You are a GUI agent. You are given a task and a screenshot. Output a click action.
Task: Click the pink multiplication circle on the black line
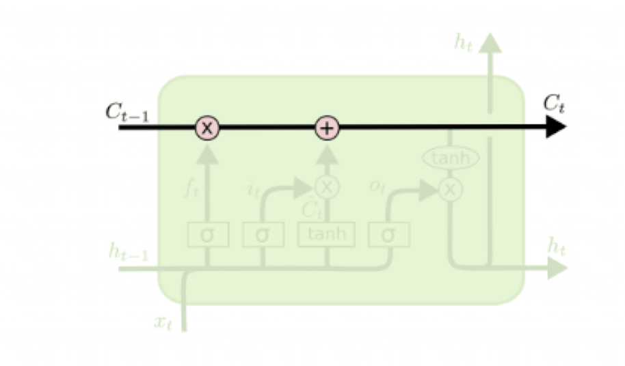(x=208, y=128)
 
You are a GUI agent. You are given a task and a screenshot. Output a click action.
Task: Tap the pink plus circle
(x=327, y=128)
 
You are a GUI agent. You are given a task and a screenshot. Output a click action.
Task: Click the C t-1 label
(x=127, y=112)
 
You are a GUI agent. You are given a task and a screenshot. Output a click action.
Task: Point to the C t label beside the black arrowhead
(x=555, y=104)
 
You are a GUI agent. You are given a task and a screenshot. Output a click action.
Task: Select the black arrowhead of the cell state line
(x=555, y=128)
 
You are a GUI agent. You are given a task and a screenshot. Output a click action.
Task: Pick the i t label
(x=253, y=188)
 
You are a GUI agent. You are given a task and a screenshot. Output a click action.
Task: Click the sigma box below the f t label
(x=208, y=234)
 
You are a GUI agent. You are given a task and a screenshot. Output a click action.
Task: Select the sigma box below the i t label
(x=263, y=234)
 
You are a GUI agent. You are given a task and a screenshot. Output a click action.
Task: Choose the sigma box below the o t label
(x=388, y=234)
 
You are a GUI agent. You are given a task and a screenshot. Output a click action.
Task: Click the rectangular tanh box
(x=326, y=234)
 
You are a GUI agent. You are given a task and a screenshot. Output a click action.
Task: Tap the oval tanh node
(x=451, y=158)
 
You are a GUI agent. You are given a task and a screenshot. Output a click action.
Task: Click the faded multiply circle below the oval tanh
(x=450, y=190)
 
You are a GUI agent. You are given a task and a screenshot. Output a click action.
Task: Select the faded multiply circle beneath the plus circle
(x=327, y=186)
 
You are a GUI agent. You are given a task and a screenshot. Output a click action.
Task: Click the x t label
(x=162, y=322)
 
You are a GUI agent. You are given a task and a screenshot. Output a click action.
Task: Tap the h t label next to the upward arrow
(x=464, y=42)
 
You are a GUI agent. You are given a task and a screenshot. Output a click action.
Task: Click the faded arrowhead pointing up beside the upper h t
(x=490, y=42)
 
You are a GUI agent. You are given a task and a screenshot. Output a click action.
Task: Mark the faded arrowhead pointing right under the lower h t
(x=557, y=268)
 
